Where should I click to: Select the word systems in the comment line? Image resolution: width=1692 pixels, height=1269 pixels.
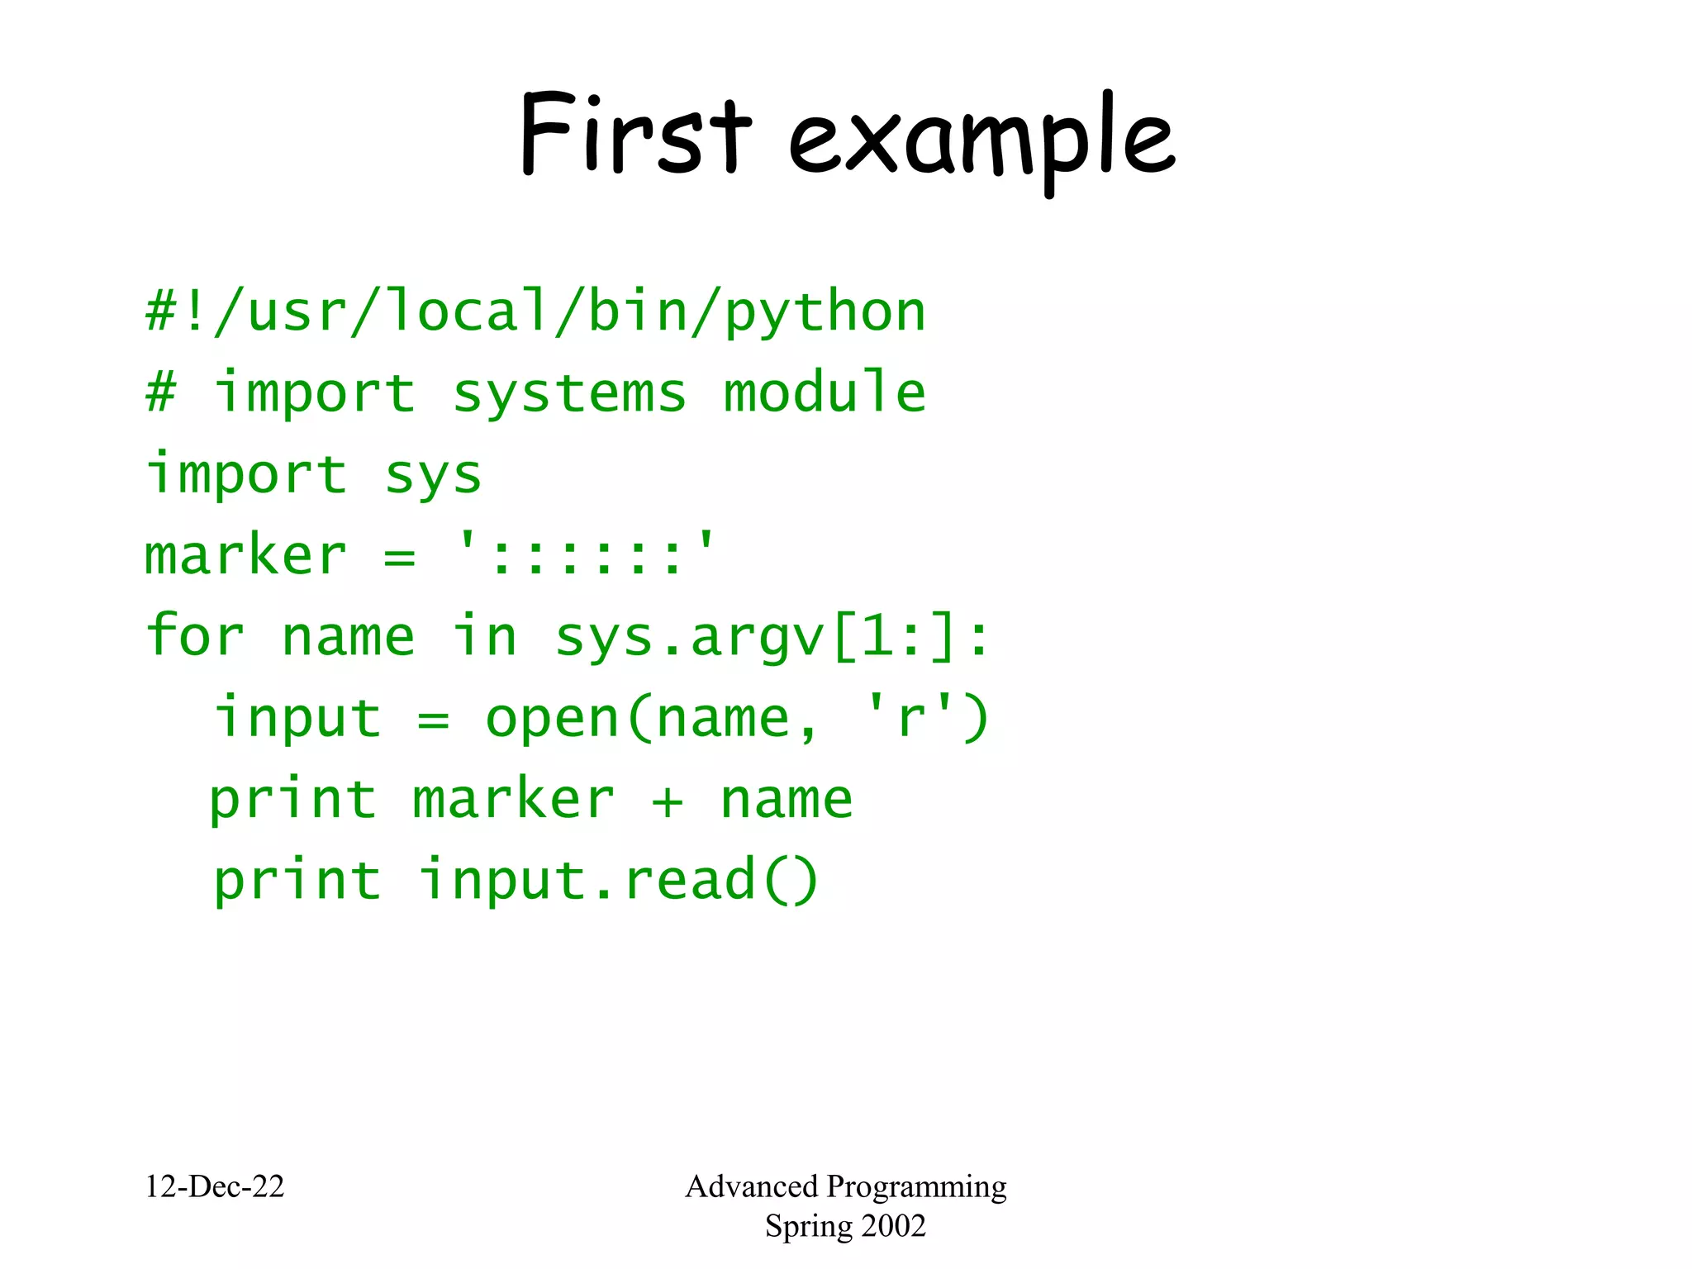569,394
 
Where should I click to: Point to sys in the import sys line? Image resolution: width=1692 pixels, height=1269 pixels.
433,477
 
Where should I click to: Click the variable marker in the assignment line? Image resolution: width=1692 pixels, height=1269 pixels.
245,555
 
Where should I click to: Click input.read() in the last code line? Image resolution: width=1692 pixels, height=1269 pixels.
618,881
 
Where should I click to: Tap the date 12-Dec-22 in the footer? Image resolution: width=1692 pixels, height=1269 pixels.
214,1186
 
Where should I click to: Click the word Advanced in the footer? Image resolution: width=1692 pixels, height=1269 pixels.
751,1186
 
